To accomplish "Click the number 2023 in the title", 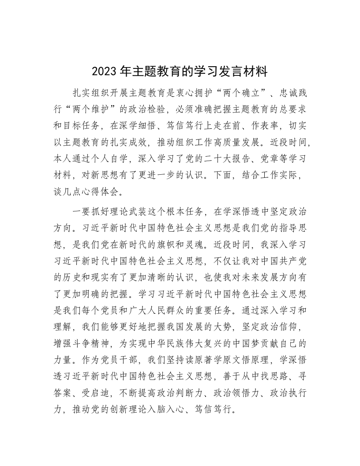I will pos(102,71).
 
